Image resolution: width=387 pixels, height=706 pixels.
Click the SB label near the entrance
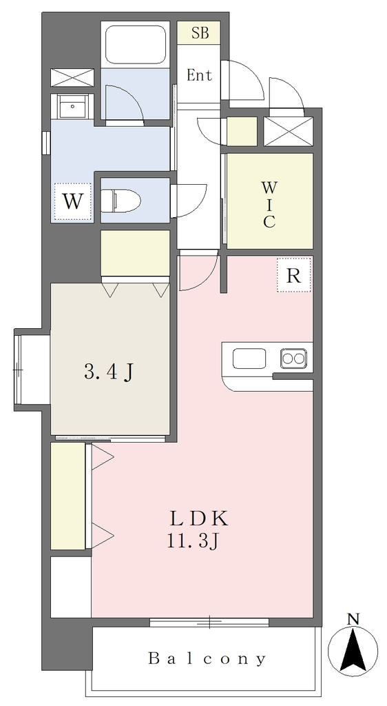200,33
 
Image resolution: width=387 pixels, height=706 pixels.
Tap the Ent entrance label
199,75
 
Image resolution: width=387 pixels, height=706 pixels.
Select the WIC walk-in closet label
269,204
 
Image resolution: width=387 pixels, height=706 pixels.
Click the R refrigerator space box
294,275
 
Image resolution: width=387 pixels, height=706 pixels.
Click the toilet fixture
121,199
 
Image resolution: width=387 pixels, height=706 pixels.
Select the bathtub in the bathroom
135,45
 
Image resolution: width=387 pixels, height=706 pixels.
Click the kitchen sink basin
249,359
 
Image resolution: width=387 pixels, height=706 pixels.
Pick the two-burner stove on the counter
294,359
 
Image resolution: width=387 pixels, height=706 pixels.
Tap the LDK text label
199,519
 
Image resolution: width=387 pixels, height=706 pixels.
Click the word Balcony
207,658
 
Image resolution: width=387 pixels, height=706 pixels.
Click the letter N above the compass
354,619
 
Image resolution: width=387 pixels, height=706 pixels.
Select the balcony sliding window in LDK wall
209,623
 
